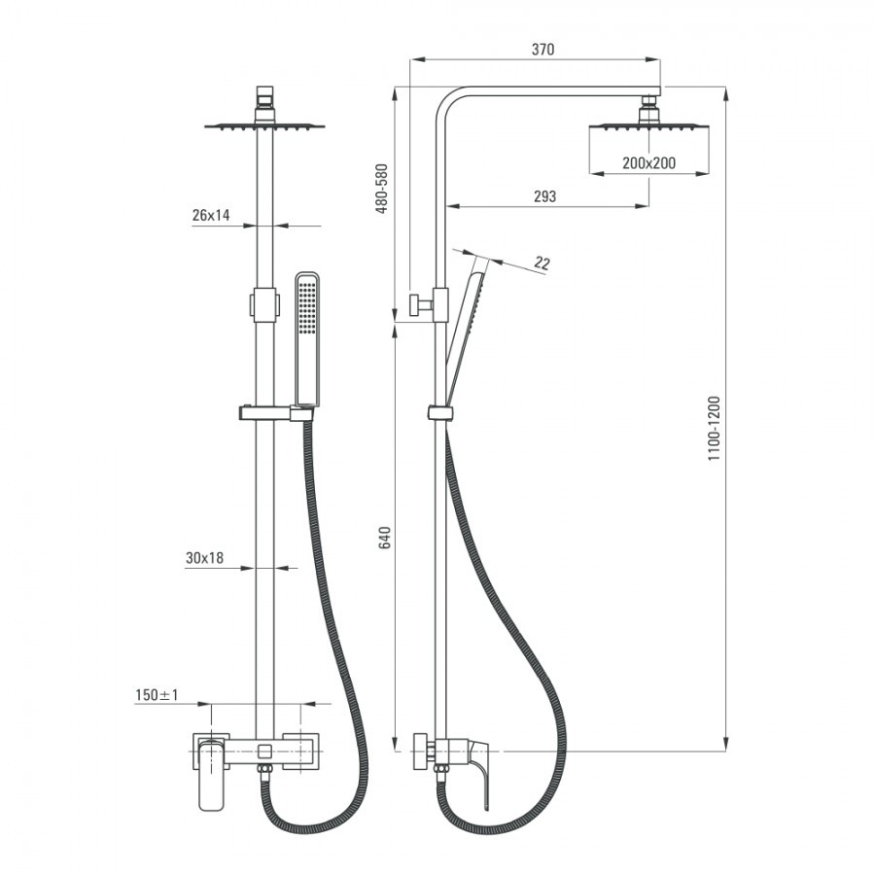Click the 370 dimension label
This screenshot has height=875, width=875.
click(542, 50)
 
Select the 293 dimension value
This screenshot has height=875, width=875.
click(544, 196)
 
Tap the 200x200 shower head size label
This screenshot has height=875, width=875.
click(648, 163)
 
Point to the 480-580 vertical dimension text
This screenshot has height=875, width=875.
click(382, 189)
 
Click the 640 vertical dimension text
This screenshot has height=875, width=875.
click(384, 538)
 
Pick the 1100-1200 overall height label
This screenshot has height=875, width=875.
click(714, 428)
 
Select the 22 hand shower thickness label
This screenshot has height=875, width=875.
click(542, 263)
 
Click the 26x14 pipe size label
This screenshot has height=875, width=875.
click(211, 216)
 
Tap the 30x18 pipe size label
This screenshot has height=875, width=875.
click(204, 558)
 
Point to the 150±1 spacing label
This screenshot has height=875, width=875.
click(157, 695)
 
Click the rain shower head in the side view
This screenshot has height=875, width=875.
click(648, 127)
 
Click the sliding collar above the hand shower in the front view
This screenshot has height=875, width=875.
click(264, 303)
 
